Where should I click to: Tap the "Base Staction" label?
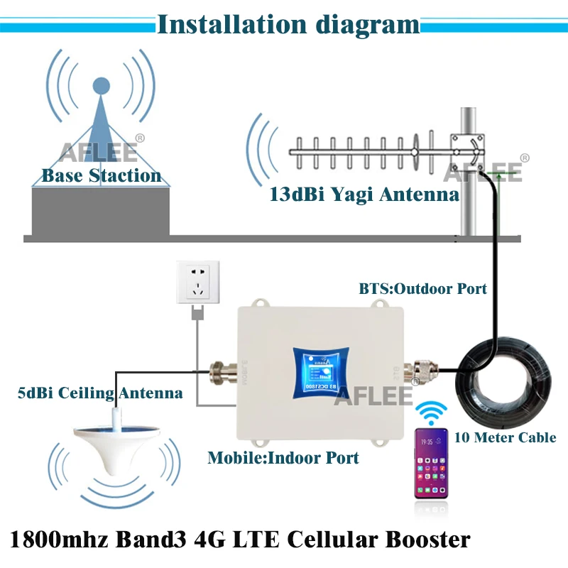[102, 175]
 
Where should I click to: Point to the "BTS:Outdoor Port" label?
[423, 288]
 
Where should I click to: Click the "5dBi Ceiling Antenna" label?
[100, 392]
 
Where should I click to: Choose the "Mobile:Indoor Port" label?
[283, 458]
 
